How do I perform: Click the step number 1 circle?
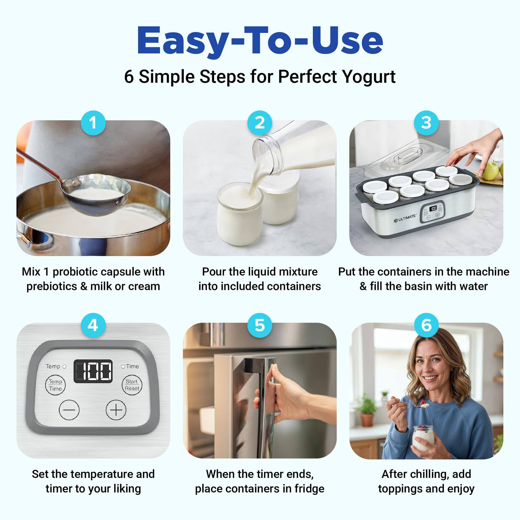click(93, 123)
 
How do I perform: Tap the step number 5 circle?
click(259, 325)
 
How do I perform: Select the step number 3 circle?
click(426, 123)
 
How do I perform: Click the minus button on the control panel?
click(69, 410)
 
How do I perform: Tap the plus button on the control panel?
click(116, 410)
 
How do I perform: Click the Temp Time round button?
click(55, 385)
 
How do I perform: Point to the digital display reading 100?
click(93, 371)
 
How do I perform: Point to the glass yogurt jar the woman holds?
click(423, 438)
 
